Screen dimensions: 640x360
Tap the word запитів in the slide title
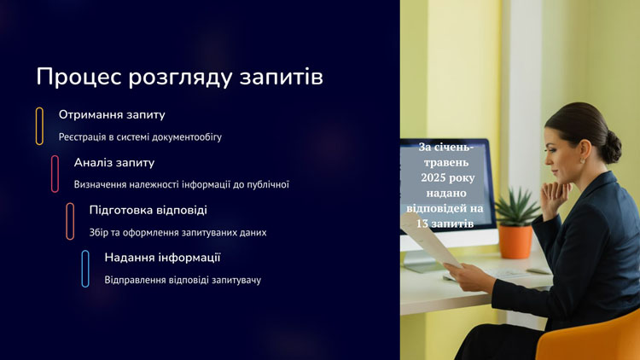[282, 77]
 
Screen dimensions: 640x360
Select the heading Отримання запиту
[112, 114]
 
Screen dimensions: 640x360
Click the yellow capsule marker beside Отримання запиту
[39, 126]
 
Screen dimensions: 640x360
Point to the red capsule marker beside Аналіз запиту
[55, 173]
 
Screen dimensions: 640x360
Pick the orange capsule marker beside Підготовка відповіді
[70, 221]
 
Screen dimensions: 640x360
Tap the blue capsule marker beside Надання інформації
[85, 269]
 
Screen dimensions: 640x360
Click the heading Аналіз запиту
[114, 162]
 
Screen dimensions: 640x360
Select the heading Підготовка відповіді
[148, 210]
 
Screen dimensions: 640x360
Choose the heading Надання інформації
[162, 258]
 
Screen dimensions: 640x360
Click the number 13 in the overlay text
[422, 224]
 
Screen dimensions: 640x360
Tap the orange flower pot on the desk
[515, 241]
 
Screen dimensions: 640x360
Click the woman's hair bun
[611, 146]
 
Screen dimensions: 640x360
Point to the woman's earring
[582, 161]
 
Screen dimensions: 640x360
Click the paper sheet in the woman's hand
[428, 241]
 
